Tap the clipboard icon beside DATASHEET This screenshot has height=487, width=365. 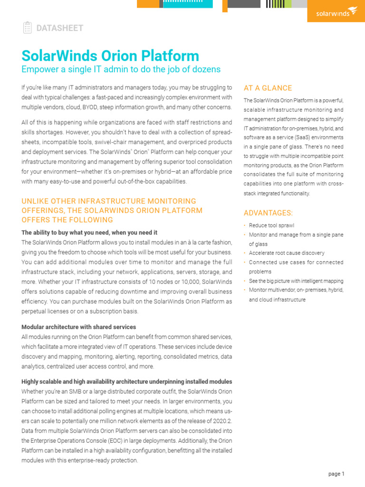(27, 28)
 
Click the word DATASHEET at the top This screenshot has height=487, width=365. (60, 28)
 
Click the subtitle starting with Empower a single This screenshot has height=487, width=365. (121, 69)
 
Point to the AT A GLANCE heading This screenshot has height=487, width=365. (268, 88)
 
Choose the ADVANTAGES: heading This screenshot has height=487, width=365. (268, 213)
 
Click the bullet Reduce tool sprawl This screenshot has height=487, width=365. (271, 225)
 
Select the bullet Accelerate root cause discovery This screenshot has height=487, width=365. (287, 253)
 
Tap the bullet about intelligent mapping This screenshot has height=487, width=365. (296, 281)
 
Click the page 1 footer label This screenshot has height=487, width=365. (336, 474)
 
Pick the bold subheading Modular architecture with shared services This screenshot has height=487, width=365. (79, 327)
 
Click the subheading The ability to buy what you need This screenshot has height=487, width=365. (89, 233)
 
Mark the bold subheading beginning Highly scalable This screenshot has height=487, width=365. (127, 382)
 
